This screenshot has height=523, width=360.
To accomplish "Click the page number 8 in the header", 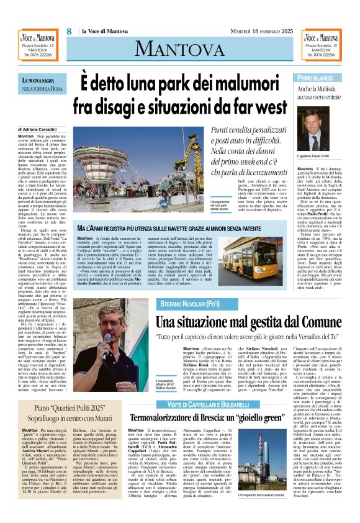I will [x=70, y=30].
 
